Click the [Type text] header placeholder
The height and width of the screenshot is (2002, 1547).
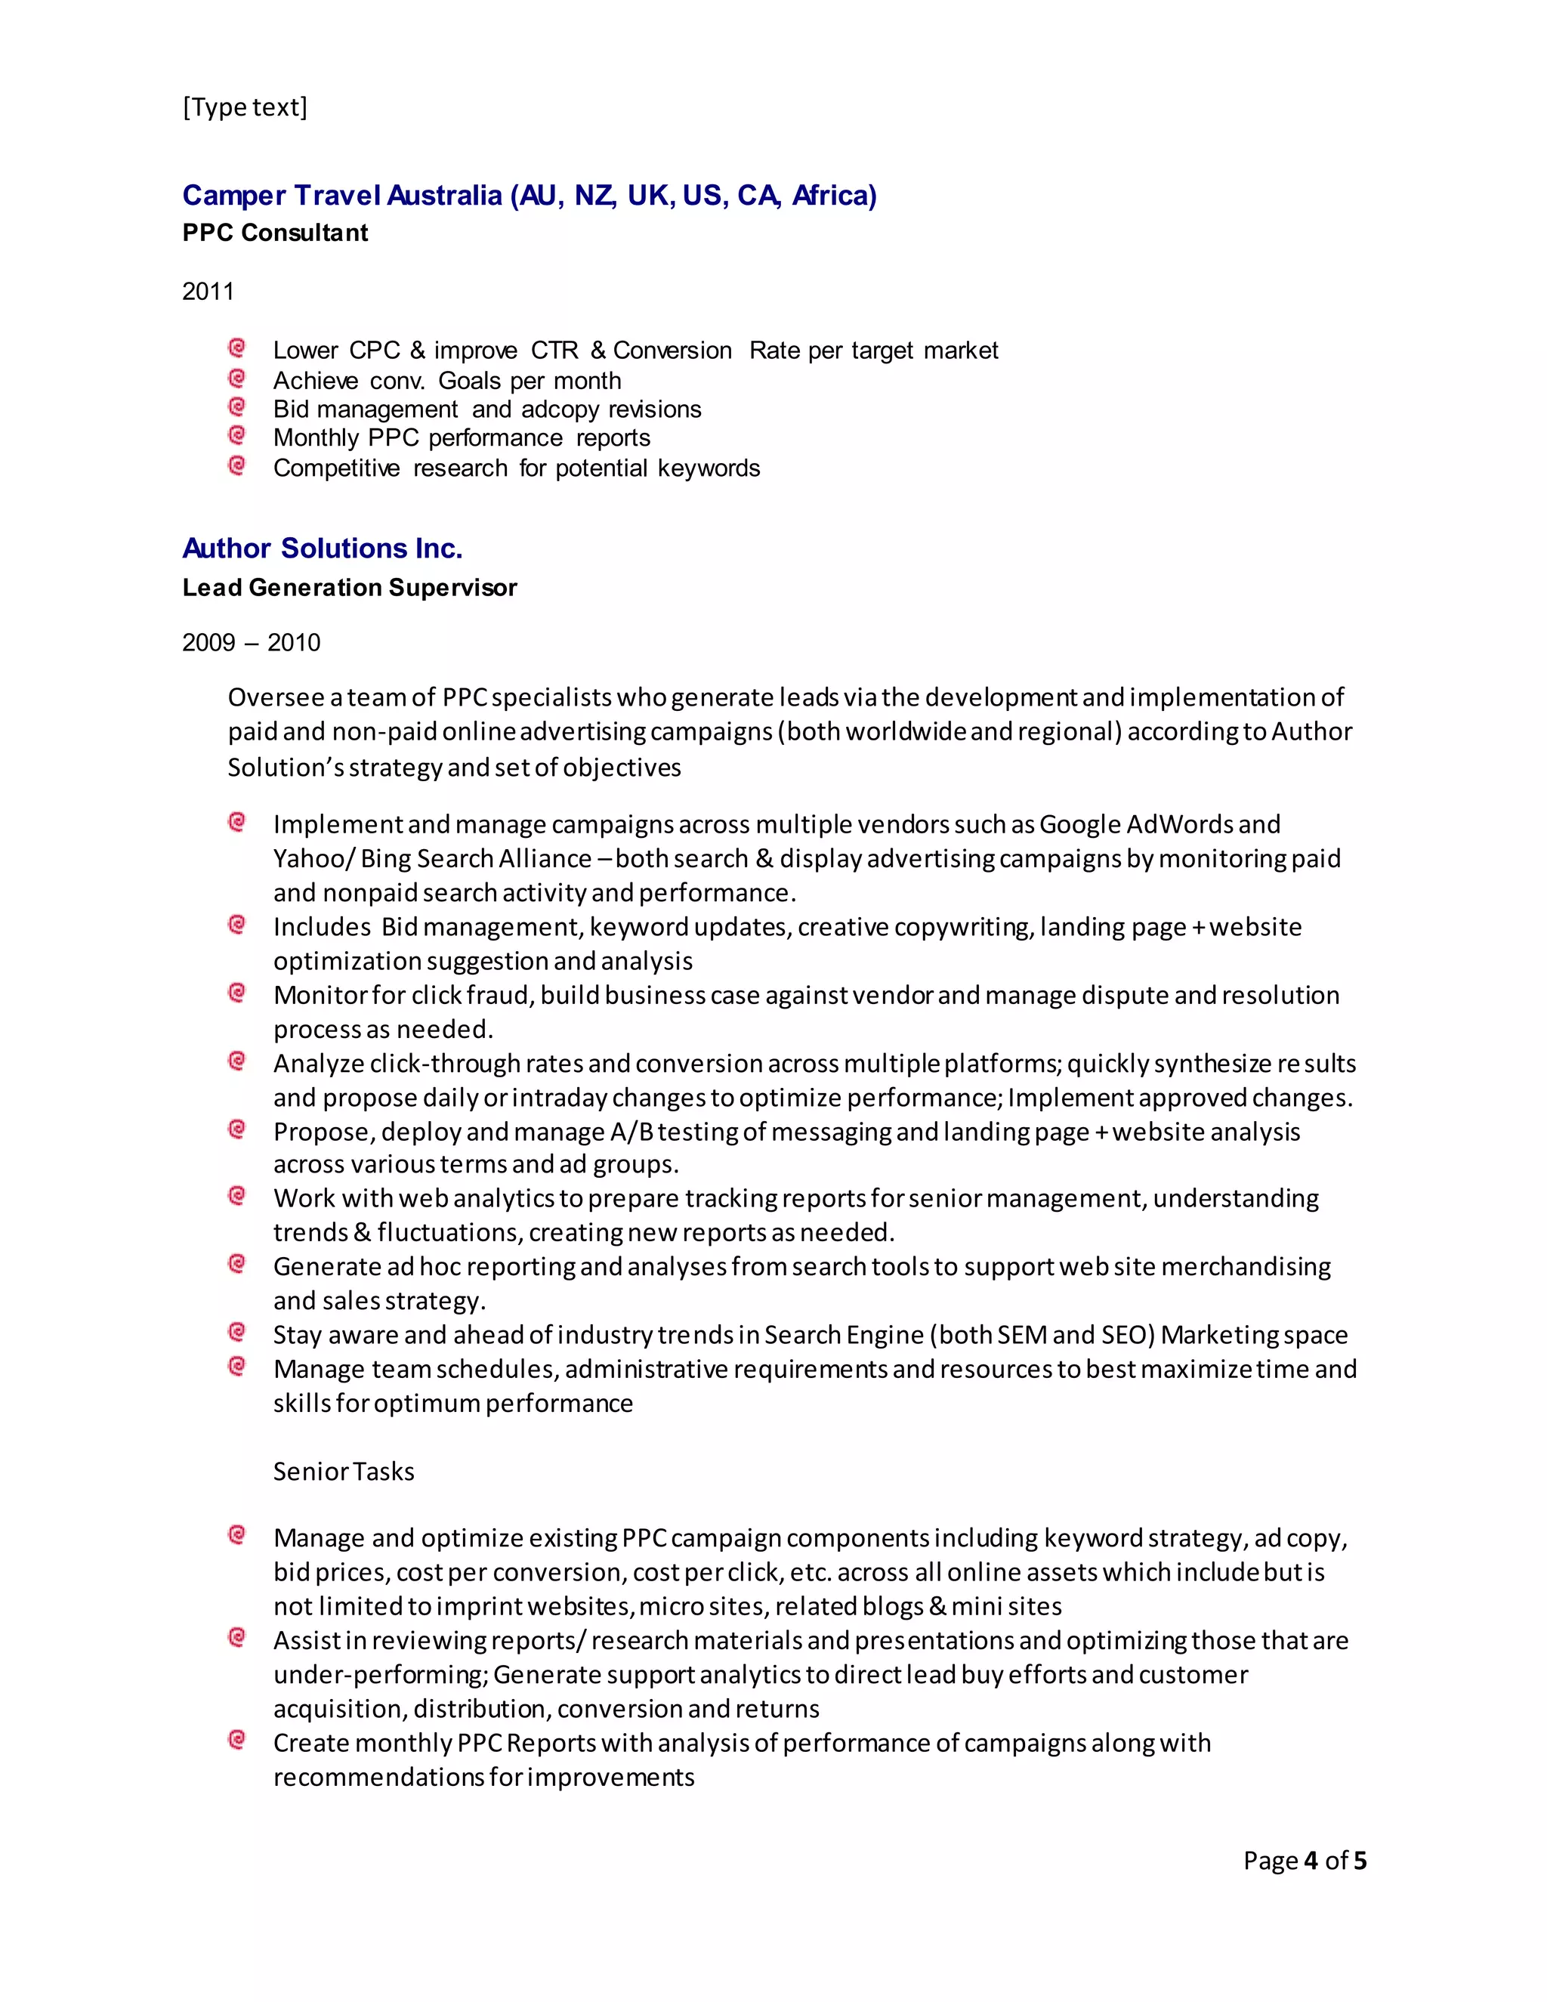click(x=245, y=107)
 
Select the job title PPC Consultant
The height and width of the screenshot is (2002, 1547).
click(x=275, y=233)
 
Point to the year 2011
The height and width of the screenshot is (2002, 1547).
click(x=208, y=292)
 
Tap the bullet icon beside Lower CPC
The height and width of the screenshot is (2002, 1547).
click(x=236, y=348)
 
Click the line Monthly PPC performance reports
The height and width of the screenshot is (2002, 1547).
click(x=461, y=438)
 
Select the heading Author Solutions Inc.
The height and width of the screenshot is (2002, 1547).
click(x=322, y=548)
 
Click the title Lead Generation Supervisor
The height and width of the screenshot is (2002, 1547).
click(x=349, y=588)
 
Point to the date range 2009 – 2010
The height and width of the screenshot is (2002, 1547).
click(x=251, y=643)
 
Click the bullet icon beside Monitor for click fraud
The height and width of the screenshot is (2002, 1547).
click(x=236, y=993)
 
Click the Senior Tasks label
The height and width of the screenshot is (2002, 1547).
click(x=344, y=1471)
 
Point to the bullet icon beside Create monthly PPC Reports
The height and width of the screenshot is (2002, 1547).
click(x=236, y=1739)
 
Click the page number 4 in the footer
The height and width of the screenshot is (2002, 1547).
click(x=1311, y=1860)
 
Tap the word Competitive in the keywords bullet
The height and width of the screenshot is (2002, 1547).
click(x=336, y=468)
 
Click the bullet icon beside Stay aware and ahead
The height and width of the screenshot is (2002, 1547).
click(x=236, y=1332)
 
